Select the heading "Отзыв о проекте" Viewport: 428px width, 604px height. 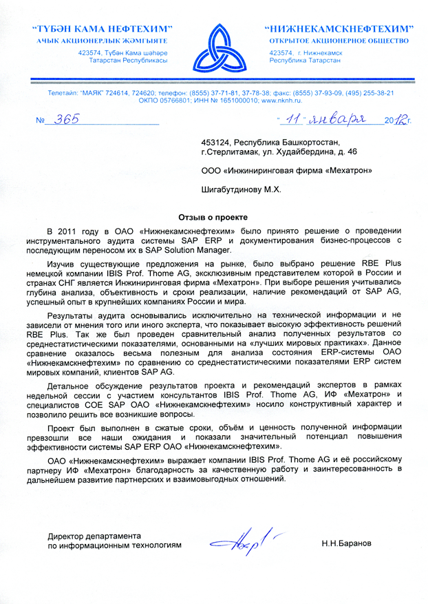[213, 216]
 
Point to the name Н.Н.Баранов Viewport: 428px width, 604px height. [346, 543]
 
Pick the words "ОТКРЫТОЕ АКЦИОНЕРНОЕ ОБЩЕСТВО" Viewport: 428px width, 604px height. [340, 41]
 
